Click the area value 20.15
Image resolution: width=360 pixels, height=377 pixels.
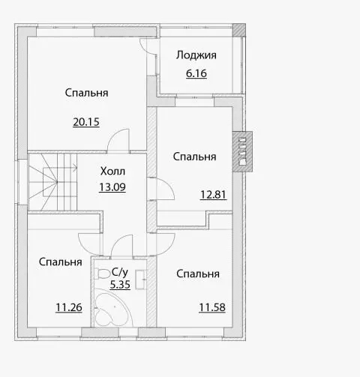(86, 122)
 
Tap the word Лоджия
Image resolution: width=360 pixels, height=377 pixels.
(196, 55)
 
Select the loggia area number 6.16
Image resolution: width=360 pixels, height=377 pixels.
(196, 73)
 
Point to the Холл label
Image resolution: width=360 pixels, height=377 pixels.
(112, 171)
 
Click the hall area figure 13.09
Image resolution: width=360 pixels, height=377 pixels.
(112, 187)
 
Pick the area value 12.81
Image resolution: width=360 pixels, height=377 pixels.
(213, 195)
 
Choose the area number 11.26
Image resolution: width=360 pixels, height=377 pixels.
(69, 307)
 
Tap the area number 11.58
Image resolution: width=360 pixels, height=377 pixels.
(212, 307)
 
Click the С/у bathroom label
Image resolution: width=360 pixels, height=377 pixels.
(120, 272)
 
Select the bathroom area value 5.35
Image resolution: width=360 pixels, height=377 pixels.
(120, 285)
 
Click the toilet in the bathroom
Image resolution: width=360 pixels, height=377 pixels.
(102, 274)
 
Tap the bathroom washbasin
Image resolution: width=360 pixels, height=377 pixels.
(140, 280)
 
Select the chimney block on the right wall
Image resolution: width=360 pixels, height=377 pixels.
(242, 151)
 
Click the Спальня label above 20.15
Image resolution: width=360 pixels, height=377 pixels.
(86, 93)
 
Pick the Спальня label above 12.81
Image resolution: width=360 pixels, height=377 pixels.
(194, 157)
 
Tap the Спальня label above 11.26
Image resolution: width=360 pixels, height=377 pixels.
(61, 262)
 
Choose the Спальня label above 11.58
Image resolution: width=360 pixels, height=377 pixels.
(198, 274)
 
